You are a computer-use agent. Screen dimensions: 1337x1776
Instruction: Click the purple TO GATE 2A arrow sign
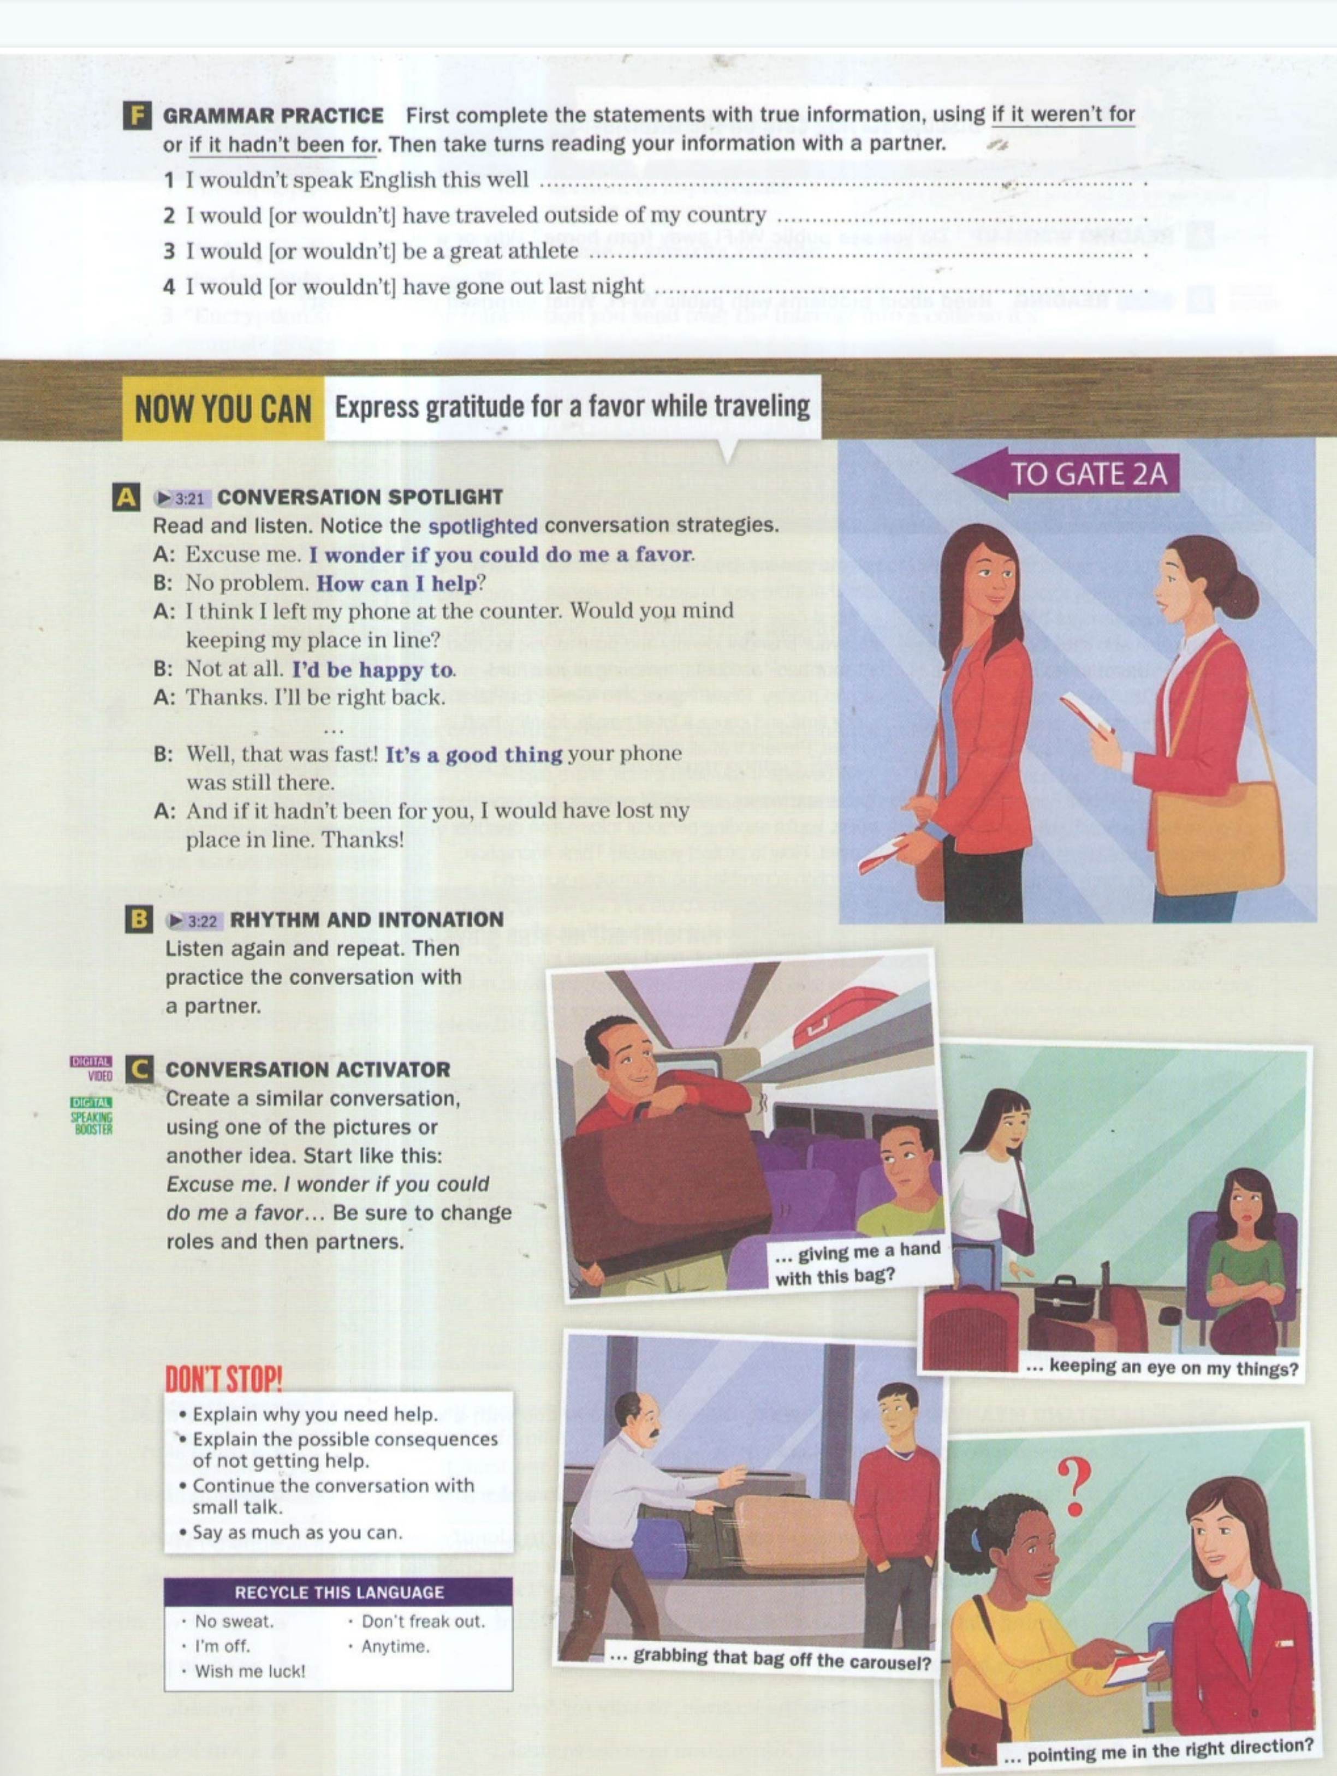(1065, 474)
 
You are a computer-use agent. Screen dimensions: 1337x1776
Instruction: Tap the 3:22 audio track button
(193, 920)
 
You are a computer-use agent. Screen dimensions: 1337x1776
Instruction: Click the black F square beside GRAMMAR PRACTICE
(138, 116)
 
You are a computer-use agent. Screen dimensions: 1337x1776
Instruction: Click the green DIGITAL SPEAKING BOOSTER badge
(92, 1116)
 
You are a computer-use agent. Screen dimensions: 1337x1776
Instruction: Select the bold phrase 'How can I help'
(397, 583)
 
